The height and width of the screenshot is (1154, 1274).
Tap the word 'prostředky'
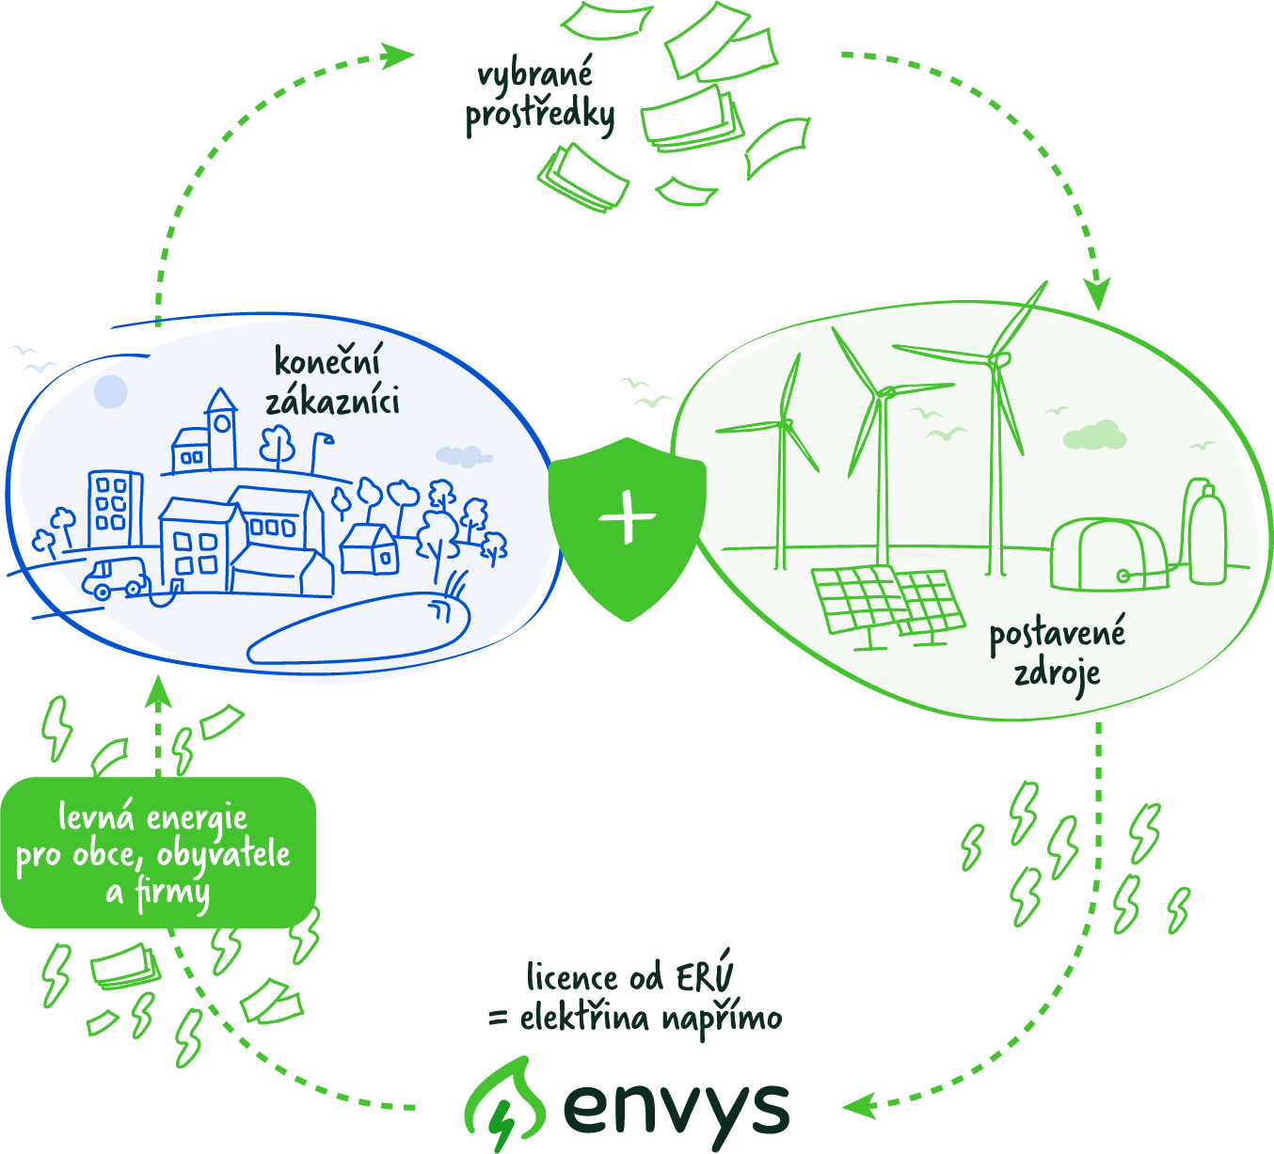pos(540,117)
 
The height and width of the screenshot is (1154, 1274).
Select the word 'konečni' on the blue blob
pos(328,362)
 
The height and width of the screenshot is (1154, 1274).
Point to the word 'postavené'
pos(1057,635)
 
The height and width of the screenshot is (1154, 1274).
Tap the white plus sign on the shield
pos(628,517)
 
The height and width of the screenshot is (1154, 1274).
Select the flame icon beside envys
pos(505,1106)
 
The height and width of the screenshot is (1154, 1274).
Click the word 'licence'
pos(571,978)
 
